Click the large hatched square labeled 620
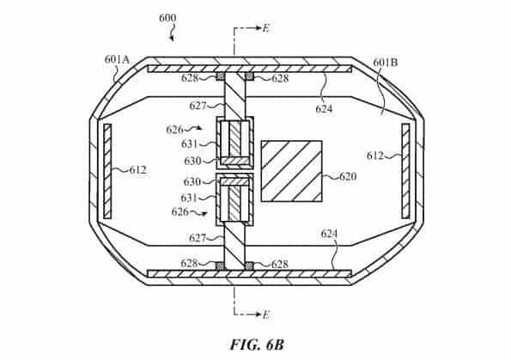292,171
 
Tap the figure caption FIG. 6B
258,345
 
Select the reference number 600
167,17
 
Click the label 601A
117,59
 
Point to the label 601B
386,62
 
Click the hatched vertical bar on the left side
107,171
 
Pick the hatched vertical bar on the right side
405,171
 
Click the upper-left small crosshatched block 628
221,76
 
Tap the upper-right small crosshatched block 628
249,76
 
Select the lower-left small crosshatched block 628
221,265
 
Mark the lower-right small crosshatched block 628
249,265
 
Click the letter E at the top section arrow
266,28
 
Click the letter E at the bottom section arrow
266,314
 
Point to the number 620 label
348,176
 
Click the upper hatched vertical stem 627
235,95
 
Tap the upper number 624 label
324,109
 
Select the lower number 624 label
330,234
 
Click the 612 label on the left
138,170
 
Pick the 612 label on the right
375,156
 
